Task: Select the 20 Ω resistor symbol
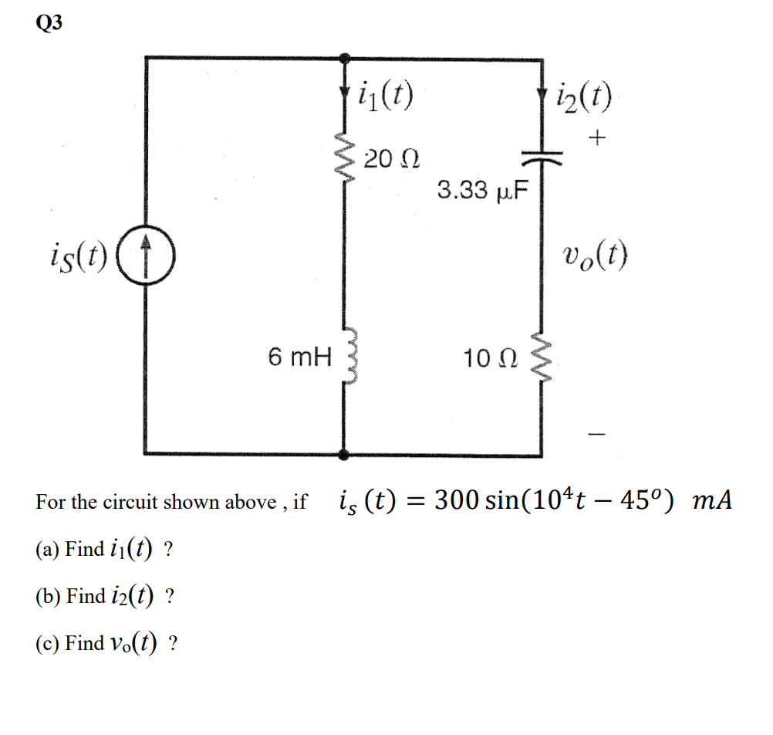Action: (x=343, y=162)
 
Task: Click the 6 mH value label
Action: (x=299, y=357)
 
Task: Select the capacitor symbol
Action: (x=541, y=157)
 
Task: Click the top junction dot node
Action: (x=344, y=58)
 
